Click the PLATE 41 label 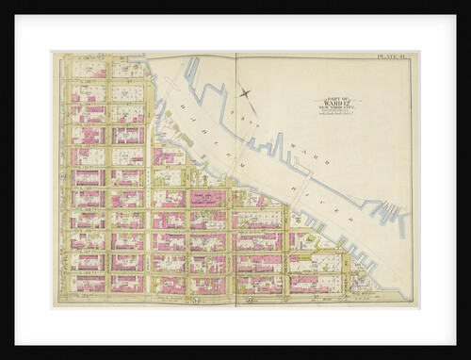coord(392,57)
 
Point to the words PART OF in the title coord(339,97)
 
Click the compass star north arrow coord(247,92)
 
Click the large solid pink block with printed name coord(207,198)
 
